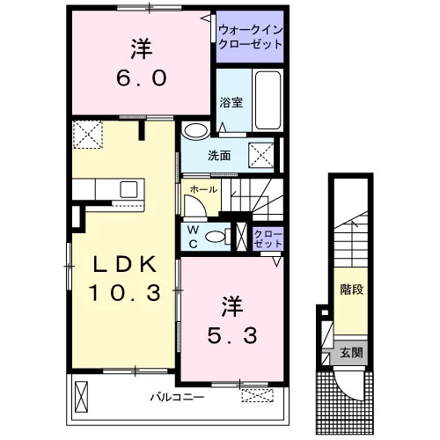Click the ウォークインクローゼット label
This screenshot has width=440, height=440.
point(250,37)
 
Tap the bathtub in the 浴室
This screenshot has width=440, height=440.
point(268,100)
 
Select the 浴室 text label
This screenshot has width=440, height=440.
point(231,102)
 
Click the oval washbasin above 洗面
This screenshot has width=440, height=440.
point(195,130)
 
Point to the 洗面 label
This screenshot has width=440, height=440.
point(219,156)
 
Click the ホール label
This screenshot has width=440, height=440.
point(203,189)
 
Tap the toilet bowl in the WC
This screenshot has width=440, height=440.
point(215,237)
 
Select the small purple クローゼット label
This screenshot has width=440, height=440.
point(268,239)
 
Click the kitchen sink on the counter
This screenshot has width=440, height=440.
point(128,189)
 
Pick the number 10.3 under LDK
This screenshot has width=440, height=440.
point(125,293)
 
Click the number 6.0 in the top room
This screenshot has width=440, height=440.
point(142,78)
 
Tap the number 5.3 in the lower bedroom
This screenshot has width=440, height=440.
point(232,335)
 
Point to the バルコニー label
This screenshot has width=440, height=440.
point(177,398)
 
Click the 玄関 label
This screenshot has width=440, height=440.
point(351,353)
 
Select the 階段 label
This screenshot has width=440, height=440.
point(351,290)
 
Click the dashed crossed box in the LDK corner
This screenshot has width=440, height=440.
point(88,135)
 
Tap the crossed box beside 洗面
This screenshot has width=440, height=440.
point(261,156)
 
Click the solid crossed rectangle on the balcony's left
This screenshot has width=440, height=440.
point(82,397)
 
